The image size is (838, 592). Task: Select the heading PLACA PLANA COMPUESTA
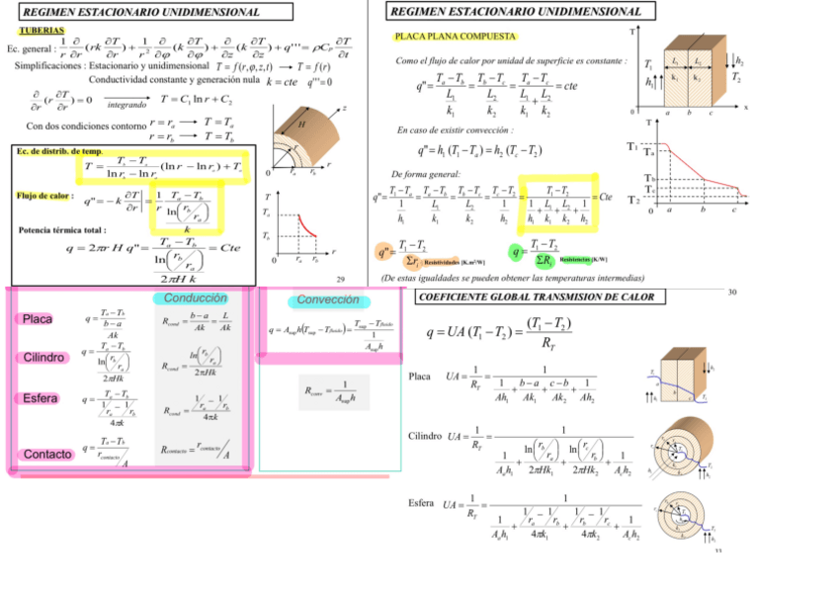pyautogui.click(x=455, y=37)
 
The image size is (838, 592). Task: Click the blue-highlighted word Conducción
pyautogui.click(x=196, y=298)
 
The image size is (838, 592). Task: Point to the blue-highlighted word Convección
pyautogui.click(x=328, y=300)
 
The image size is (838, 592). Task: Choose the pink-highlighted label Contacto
pyautogui.click(x=47, y=454)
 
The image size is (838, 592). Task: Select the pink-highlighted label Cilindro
pyautogui.click(x=43, y=357)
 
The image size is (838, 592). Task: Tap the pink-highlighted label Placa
pyautogui.click(x=38, y=319)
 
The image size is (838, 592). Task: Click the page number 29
pyautogui.click(x=340, y=280)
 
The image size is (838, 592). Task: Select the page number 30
pyautogui.click(x=732, y=292)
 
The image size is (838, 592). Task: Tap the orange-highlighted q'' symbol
pyautogui.click(x=386, y=252)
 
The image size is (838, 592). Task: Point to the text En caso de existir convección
pyautogui.click(x=455, y=129)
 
